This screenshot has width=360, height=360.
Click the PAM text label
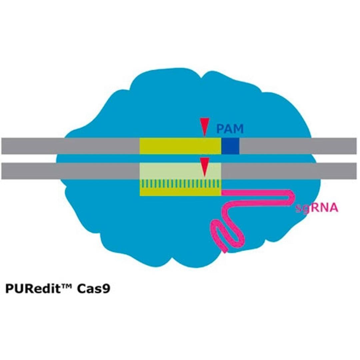coord(230,128)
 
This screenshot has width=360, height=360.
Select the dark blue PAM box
coord(231,146)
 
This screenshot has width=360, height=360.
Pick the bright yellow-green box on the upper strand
coord(180,146)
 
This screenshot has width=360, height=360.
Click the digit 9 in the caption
coord(106,289)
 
